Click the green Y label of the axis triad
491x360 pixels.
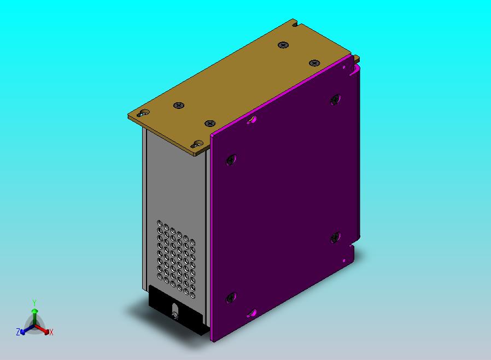pyautogui.click(x=34, y=303)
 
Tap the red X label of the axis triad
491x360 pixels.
pyautogui.click(x=51, y=332)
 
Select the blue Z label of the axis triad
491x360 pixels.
pyautogui.click(x=18, y=332)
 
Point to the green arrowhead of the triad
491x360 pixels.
pyautogui.click(x=35, y=311)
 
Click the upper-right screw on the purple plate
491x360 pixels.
pyautogui.click(x=335, y=100)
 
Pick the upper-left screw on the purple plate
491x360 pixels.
pyautogui.click(x=231, y=160)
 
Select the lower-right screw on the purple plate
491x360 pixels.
pyautogui.click(x=335, y=237)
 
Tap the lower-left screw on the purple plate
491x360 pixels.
pyautogui.click(x=231, y=297)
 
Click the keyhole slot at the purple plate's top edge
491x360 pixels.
pyautogui.click(x=252, y=120)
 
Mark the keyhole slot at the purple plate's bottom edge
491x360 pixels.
pyautogui.click(x=252, y=313)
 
